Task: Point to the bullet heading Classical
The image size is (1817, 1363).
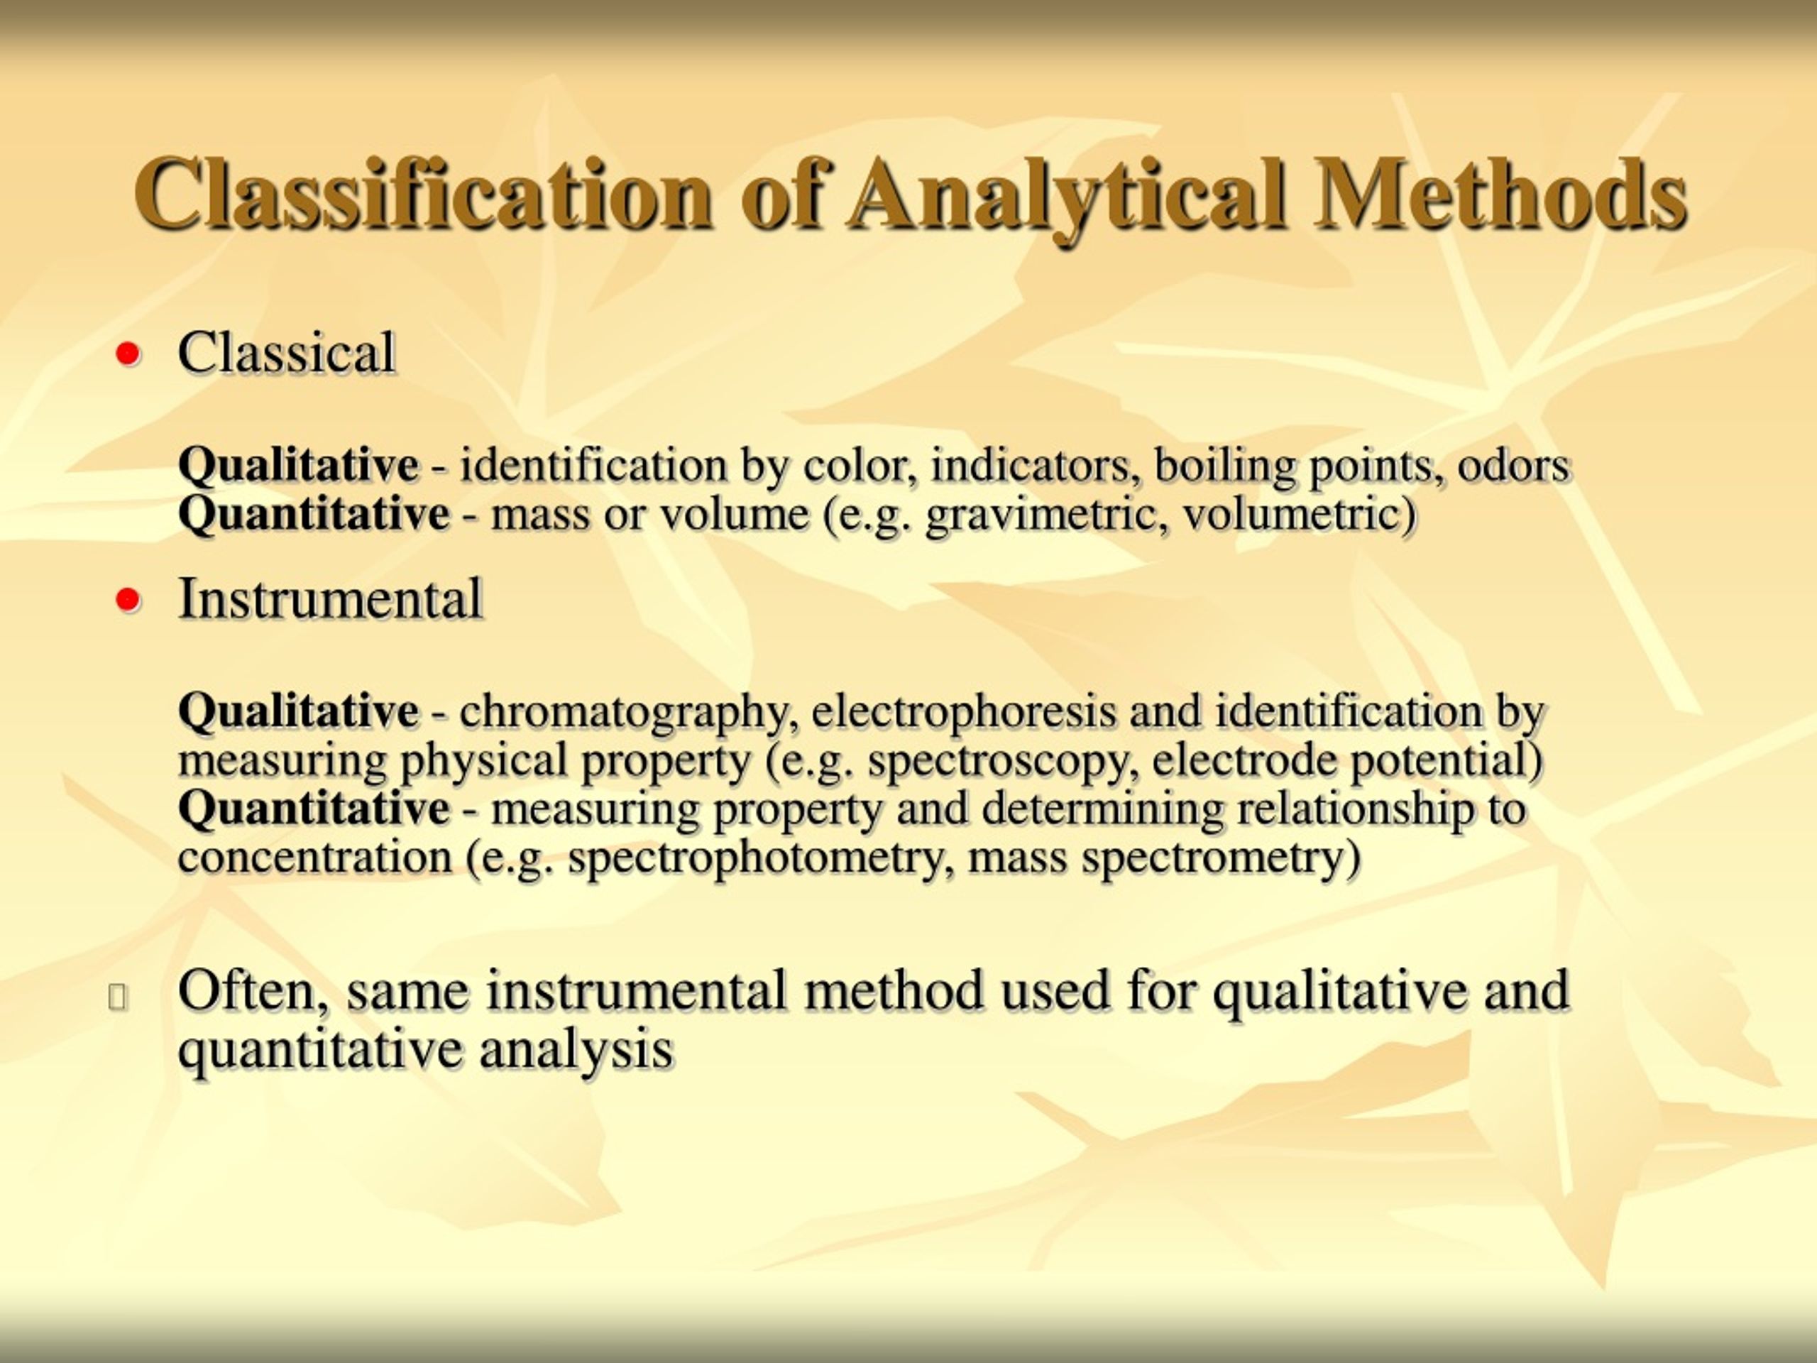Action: pos(287,354)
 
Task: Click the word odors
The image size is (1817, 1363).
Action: pos(1513,466)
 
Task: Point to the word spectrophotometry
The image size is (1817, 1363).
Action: pos(761,858)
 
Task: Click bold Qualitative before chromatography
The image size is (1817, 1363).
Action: pos(298,711)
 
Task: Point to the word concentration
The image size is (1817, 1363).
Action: pos(314,858)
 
